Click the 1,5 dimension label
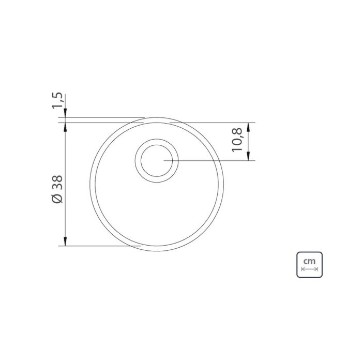tap(57, 100)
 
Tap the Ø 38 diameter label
tap(57, 189)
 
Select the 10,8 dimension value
tap(237, 140)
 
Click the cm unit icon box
tap(309, 265)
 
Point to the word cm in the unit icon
tap(309, 261)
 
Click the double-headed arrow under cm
tap(310, 269)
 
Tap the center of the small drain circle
tap(157, 161)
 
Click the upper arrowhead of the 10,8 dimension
tap(248, 127)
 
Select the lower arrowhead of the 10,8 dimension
tap(248, 156)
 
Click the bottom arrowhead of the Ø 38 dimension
tap(65, 242)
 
